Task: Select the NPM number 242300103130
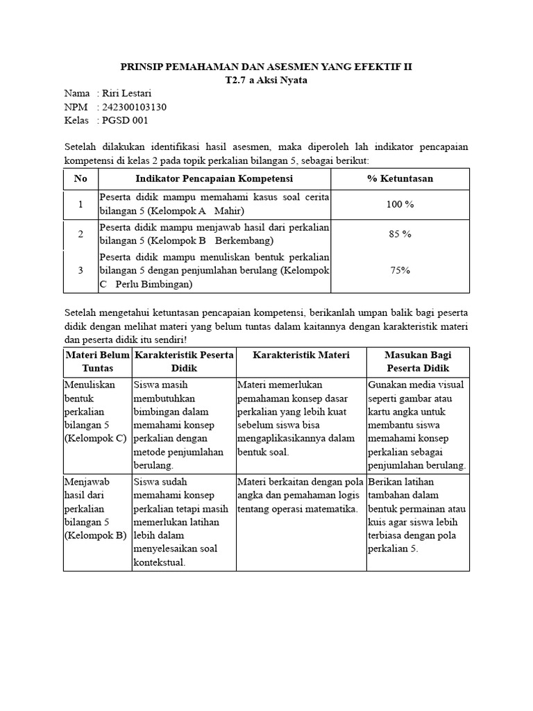[135, 107]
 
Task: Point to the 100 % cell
[400, 205]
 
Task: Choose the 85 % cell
[400, 234]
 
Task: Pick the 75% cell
[400, 270]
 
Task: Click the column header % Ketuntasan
[400, 178]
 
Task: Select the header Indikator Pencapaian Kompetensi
[214, 178]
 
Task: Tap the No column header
[81, 178]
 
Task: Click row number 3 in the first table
[81, 270]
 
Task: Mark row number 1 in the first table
[81, 205]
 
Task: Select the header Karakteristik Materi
[301, 355]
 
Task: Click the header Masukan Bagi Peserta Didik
[418, 362]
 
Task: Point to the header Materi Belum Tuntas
[97, 362]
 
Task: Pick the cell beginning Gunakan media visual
[418, 424]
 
